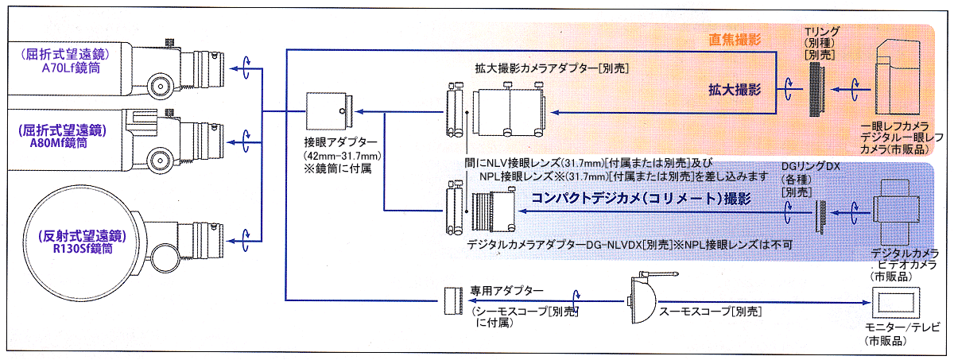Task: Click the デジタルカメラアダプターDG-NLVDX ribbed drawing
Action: click(488, 211)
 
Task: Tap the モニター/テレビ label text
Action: click(898, 327)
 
